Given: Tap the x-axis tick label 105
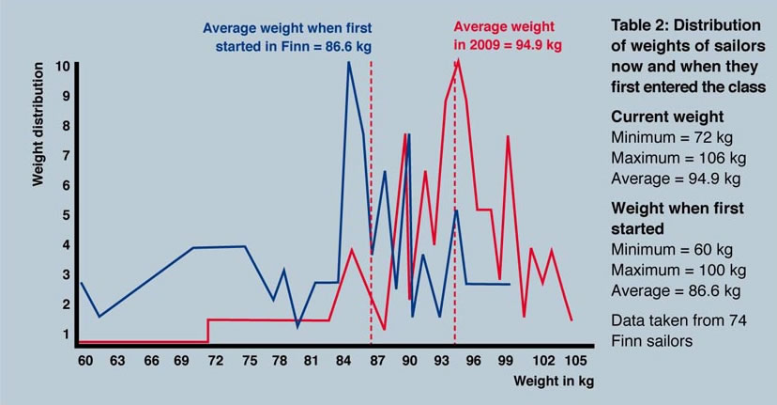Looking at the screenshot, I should tap(576, 361).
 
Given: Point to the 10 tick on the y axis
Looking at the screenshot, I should tap(62, 67).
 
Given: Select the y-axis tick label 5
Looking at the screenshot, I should tap(65, 215).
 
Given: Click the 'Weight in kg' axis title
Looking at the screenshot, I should tap(554, 382).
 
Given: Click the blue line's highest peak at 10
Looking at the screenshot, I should tap(349, 63).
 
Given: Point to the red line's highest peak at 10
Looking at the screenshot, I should tap(457, 62).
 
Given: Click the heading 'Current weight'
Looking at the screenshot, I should tap(667, 117).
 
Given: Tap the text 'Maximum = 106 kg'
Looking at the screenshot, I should tap(674, 157).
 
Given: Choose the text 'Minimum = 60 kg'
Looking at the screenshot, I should tap(670, 250).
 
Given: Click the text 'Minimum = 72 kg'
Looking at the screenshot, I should tap(670, 137).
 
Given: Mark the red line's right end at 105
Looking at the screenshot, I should tap(571, 320).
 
